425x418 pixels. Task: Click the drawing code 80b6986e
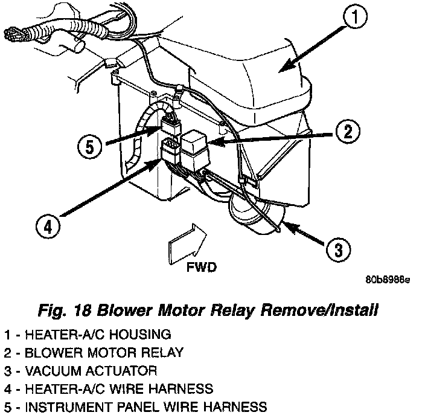(x=388, y=281)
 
